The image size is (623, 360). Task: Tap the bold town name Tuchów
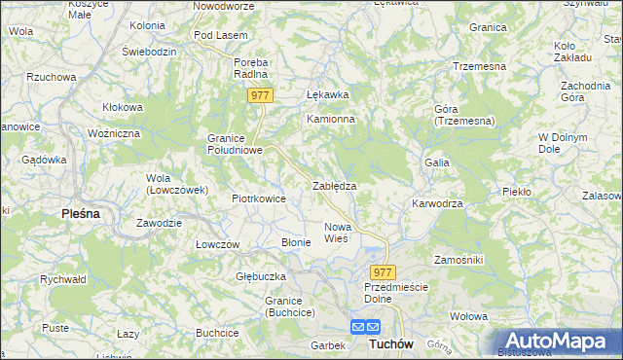click(x=392, y=344)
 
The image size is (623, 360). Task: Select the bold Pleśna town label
click(x=81, y=213)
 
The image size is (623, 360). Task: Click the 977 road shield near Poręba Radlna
click(x=260, y=95)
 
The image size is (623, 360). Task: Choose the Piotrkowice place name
click(x=259, y=198)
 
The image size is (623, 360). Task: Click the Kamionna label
click(x=331, y=119)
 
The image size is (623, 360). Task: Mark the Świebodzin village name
click(x=149, y=50)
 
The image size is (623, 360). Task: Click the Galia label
click(x=436, y=162)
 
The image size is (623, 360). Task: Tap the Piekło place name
click(x=517, y=192)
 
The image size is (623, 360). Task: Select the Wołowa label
click(x=468, y=316)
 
